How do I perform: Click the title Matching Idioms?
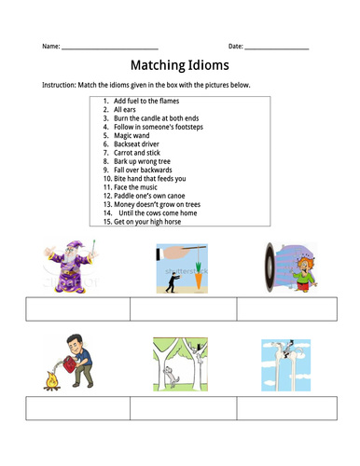click(179, 66)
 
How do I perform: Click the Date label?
click(235, 46)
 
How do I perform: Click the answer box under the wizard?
click(77, 308)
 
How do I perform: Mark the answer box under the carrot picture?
click(183, 308)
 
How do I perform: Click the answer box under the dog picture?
click(183, 408)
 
